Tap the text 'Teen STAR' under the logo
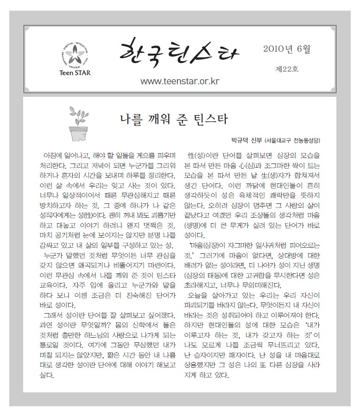76,72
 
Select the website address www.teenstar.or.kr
179,82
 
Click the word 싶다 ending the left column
47,375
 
